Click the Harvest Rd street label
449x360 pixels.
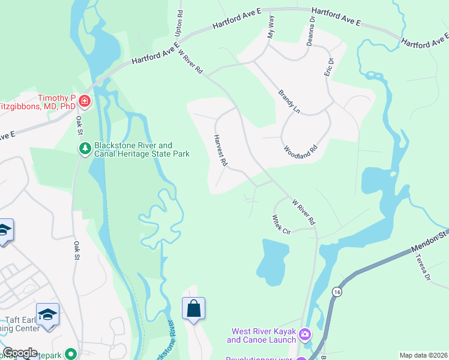click(220, 151)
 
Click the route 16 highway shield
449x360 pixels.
click(336, 291)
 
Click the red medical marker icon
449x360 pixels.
click(85, 101)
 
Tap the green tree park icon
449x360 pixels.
click(85, 148)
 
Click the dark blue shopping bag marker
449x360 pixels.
click(194, 309)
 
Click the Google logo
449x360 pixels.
click(20, 353)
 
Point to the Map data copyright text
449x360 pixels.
click(423, 355)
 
